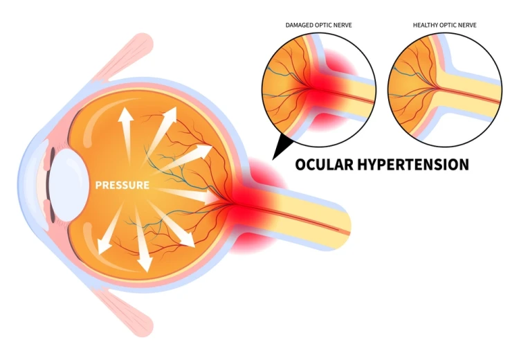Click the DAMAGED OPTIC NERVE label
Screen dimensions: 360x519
click(x=318, y=25)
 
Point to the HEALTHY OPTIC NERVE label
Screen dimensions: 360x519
click(x=445, y=25)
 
